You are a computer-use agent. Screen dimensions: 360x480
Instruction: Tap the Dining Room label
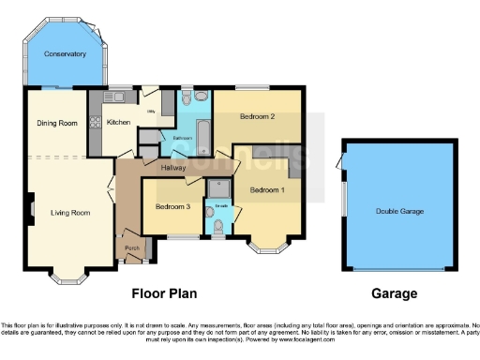[56, 123]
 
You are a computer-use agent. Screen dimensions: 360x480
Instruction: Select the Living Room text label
[70, 213]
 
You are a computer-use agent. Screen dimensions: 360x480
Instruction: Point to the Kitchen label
[118, 123]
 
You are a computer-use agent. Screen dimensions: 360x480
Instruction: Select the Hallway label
[172, 168]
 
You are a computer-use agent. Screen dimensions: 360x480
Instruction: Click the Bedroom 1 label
[267, 190]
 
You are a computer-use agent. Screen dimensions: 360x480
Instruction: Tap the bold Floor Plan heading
[164, 292]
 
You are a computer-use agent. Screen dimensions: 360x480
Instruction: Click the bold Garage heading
[395, 292]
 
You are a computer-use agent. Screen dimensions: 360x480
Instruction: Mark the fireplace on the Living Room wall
[31, 205]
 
